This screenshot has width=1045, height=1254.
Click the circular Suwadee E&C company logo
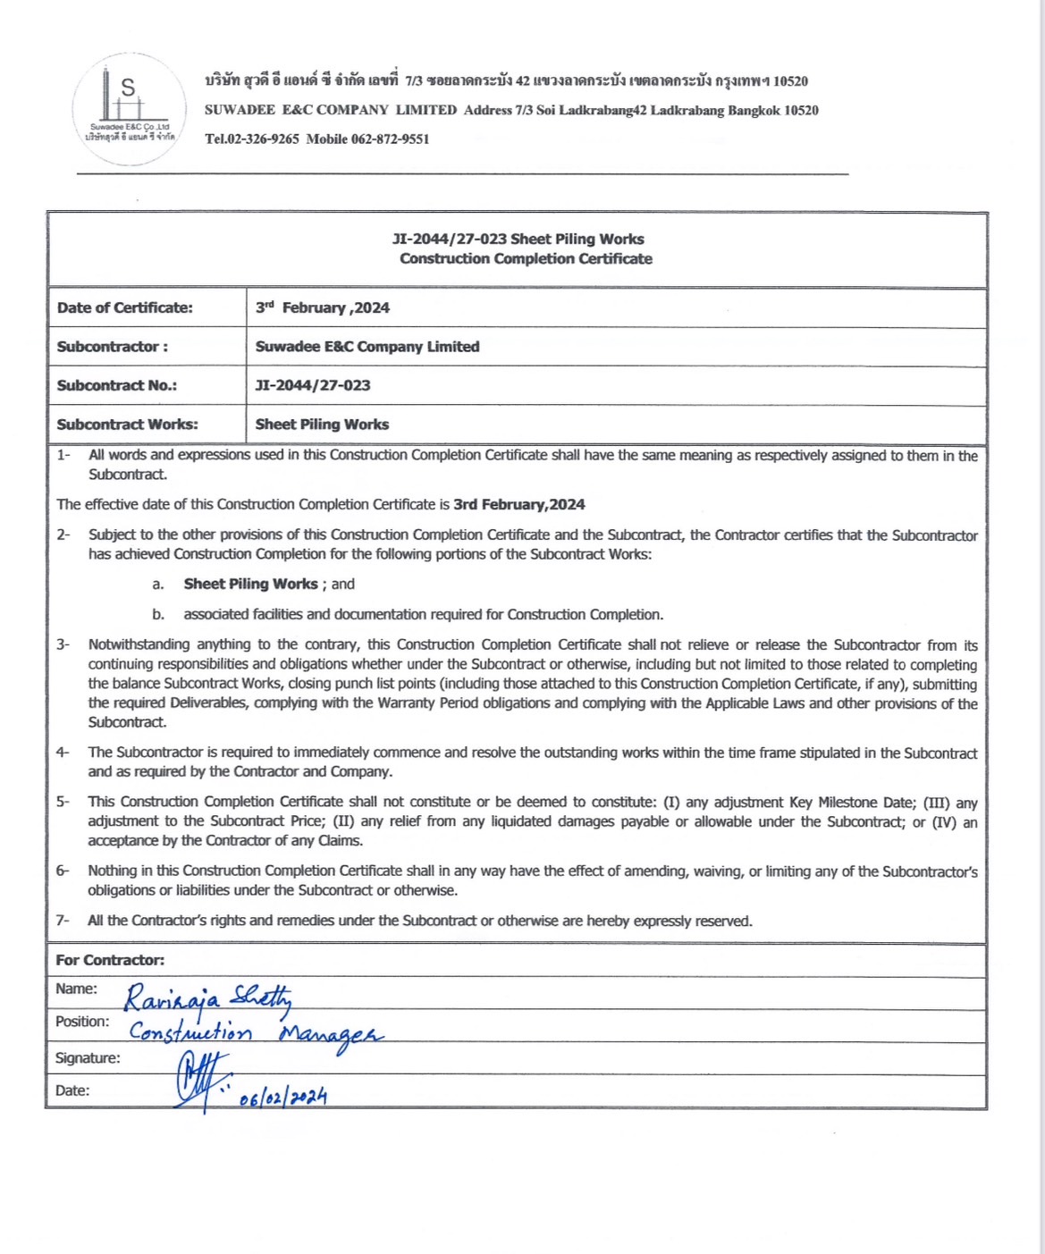[129, 109]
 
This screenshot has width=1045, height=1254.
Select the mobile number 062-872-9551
[390, 139]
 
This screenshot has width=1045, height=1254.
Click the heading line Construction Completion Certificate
[526, 259]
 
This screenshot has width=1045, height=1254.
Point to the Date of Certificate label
[125, 308]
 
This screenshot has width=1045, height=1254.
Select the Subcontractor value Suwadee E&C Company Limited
[367, 347]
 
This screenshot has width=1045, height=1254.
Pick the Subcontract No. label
[117, 386]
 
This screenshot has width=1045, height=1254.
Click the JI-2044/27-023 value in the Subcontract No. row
[313, 386]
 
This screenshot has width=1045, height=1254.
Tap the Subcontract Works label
[128, 425]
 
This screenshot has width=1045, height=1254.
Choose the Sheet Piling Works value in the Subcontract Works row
[322, 425]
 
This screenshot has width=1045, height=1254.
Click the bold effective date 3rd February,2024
[518, 505]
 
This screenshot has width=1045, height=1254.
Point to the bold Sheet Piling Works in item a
[250, 585]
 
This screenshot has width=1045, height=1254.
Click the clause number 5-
[63, 802]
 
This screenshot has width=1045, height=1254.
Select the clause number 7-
[63, 921]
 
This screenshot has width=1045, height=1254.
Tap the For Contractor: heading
[110, 960]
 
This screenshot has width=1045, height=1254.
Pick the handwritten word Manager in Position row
[331, 1036]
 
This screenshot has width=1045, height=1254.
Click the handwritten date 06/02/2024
[282, 1097]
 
